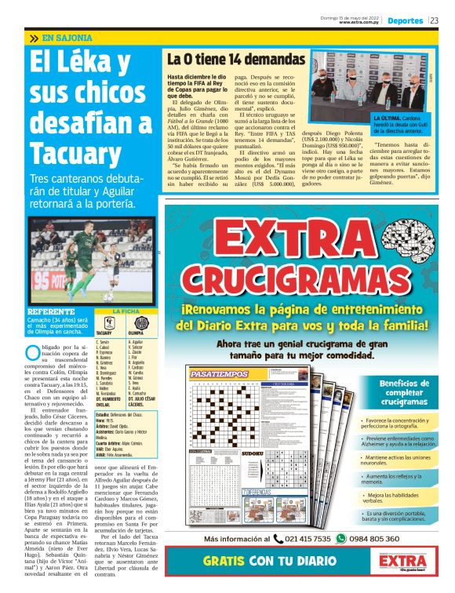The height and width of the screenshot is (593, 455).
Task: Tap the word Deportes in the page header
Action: pyautogui.click(x=405, y=20)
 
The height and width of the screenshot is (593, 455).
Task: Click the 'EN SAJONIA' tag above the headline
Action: pyautogui.click(x=67, y=38)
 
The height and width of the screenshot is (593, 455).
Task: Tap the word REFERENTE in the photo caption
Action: pyautogui.click(x=50, y=311)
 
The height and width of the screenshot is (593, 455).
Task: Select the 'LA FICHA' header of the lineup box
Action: pyautogui.click(x=125, y=311)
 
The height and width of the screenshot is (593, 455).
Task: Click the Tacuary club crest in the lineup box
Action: pyautogui.click(x=110, y=323)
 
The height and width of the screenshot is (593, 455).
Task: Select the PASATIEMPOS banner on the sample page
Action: pyautogui.click(x=220, y=375)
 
